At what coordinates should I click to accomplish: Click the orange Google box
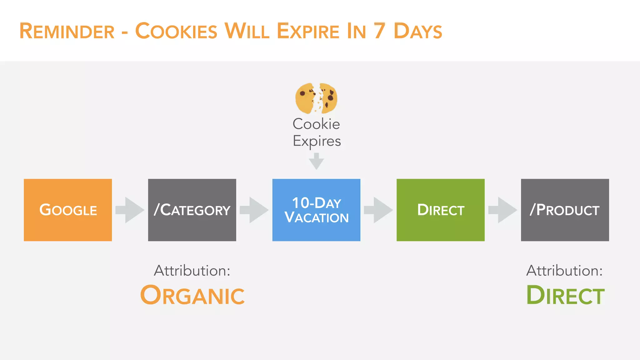click(x=68, y=210)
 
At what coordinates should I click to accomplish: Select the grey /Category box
click(x=192, y=210)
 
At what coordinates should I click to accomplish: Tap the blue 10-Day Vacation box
click(x=316, y=210)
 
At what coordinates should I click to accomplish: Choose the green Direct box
click(x=440, y=210)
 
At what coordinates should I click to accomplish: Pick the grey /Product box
click(x=565, y=210)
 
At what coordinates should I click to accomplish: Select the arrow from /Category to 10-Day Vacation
click(x=254, y=210)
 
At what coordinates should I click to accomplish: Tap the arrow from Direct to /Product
click(x=502, y=210)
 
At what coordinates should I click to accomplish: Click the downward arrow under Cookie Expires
click(x=316, y=161)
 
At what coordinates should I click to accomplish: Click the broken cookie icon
click(x=316, y=98)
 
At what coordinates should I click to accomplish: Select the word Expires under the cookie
click(x=317, y=141)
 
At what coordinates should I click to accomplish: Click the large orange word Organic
click(x=192, y=295)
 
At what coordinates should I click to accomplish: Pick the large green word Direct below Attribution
click(x=565, y=295)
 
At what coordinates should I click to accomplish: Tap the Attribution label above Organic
click(x=192, y=271)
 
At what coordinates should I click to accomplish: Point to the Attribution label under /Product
click(x=564, y=271)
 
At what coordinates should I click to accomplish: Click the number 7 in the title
click(x=379, y=31)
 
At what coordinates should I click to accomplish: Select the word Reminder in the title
click(x=67, y=31)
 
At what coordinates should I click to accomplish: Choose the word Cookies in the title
click(x=176, y=31)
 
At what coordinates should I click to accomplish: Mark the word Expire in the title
click(x=308, y=31)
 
